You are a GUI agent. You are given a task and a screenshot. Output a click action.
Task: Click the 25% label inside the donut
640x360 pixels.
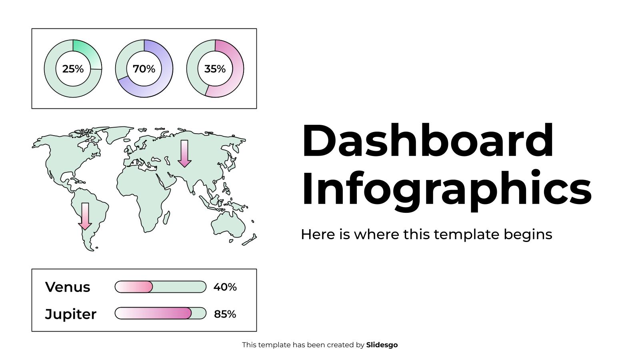click(73, 69)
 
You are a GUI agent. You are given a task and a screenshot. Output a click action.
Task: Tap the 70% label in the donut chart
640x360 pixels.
click(144, 69)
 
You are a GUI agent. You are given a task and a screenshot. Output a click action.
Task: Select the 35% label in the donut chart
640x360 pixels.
click(215, 69)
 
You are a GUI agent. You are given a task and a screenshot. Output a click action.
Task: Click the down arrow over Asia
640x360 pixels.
click(184, 154)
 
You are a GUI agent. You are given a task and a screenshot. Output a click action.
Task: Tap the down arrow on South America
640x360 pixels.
click(85, 216)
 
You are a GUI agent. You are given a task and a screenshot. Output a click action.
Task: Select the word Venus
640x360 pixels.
click(68, 287)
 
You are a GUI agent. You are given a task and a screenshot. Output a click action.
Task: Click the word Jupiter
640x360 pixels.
click(70, 314)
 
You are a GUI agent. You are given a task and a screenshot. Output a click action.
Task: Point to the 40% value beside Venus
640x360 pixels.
click(225, 287)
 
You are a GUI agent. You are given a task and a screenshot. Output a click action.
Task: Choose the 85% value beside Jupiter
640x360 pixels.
click(225, 314)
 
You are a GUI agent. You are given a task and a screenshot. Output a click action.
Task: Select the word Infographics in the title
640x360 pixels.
click(446, 188)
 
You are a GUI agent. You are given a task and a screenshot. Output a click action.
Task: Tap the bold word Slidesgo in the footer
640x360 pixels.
click(382, 345)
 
